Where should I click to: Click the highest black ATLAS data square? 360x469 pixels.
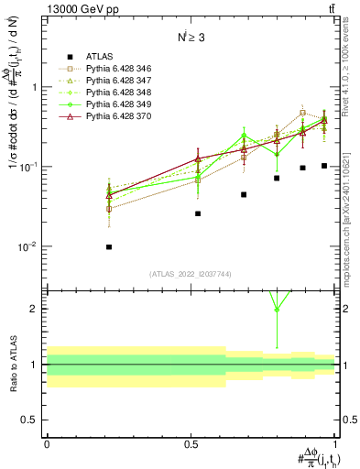coord(324,166)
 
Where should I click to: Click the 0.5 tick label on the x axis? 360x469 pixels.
coord(191,442)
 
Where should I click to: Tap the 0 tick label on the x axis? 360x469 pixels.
coord(47,442)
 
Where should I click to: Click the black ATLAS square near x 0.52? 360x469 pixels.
coord(198,213)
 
